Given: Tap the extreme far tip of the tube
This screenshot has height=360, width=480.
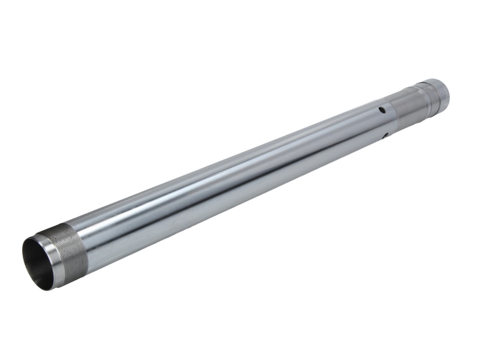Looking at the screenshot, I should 449,90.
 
